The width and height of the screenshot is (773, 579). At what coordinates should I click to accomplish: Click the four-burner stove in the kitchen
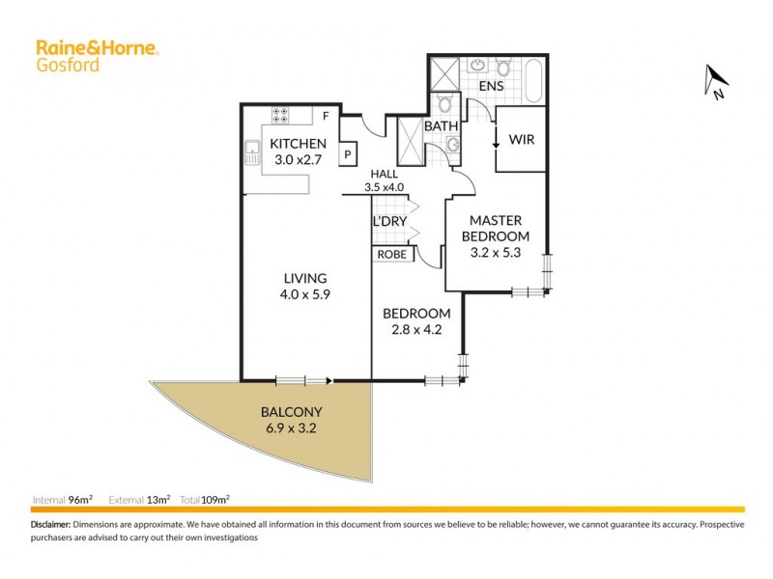point(282,116)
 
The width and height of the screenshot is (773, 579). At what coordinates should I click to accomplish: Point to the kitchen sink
point(252,150)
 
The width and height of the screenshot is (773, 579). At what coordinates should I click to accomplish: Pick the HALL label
point(383,175)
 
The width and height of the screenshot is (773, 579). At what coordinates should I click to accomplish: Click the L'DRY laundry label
point(388,222)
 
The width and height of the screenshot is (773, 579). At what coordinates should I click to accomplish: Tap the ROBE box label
point(392,255)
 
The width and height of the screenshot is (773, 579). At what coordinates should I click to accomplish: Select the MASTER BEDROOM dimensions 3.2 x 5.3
point(495,254)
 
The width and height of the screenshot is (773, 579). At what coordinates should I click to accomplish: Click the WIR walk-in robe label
point(522,139)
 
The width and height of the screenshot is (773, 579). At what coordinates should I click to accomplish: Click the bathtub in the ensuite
point(534,81)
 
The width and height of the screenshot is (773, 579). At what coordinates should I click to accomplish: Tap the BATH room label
point(441,126)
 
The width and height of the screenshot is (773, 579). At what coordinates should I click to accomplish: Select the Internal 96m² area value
point(80,500)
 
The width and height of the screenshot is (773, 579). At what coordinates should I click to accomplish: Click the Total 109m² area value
point(216,500)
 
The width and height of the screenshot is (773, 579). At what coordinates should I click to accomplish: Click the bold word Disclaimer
point(50,524)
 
